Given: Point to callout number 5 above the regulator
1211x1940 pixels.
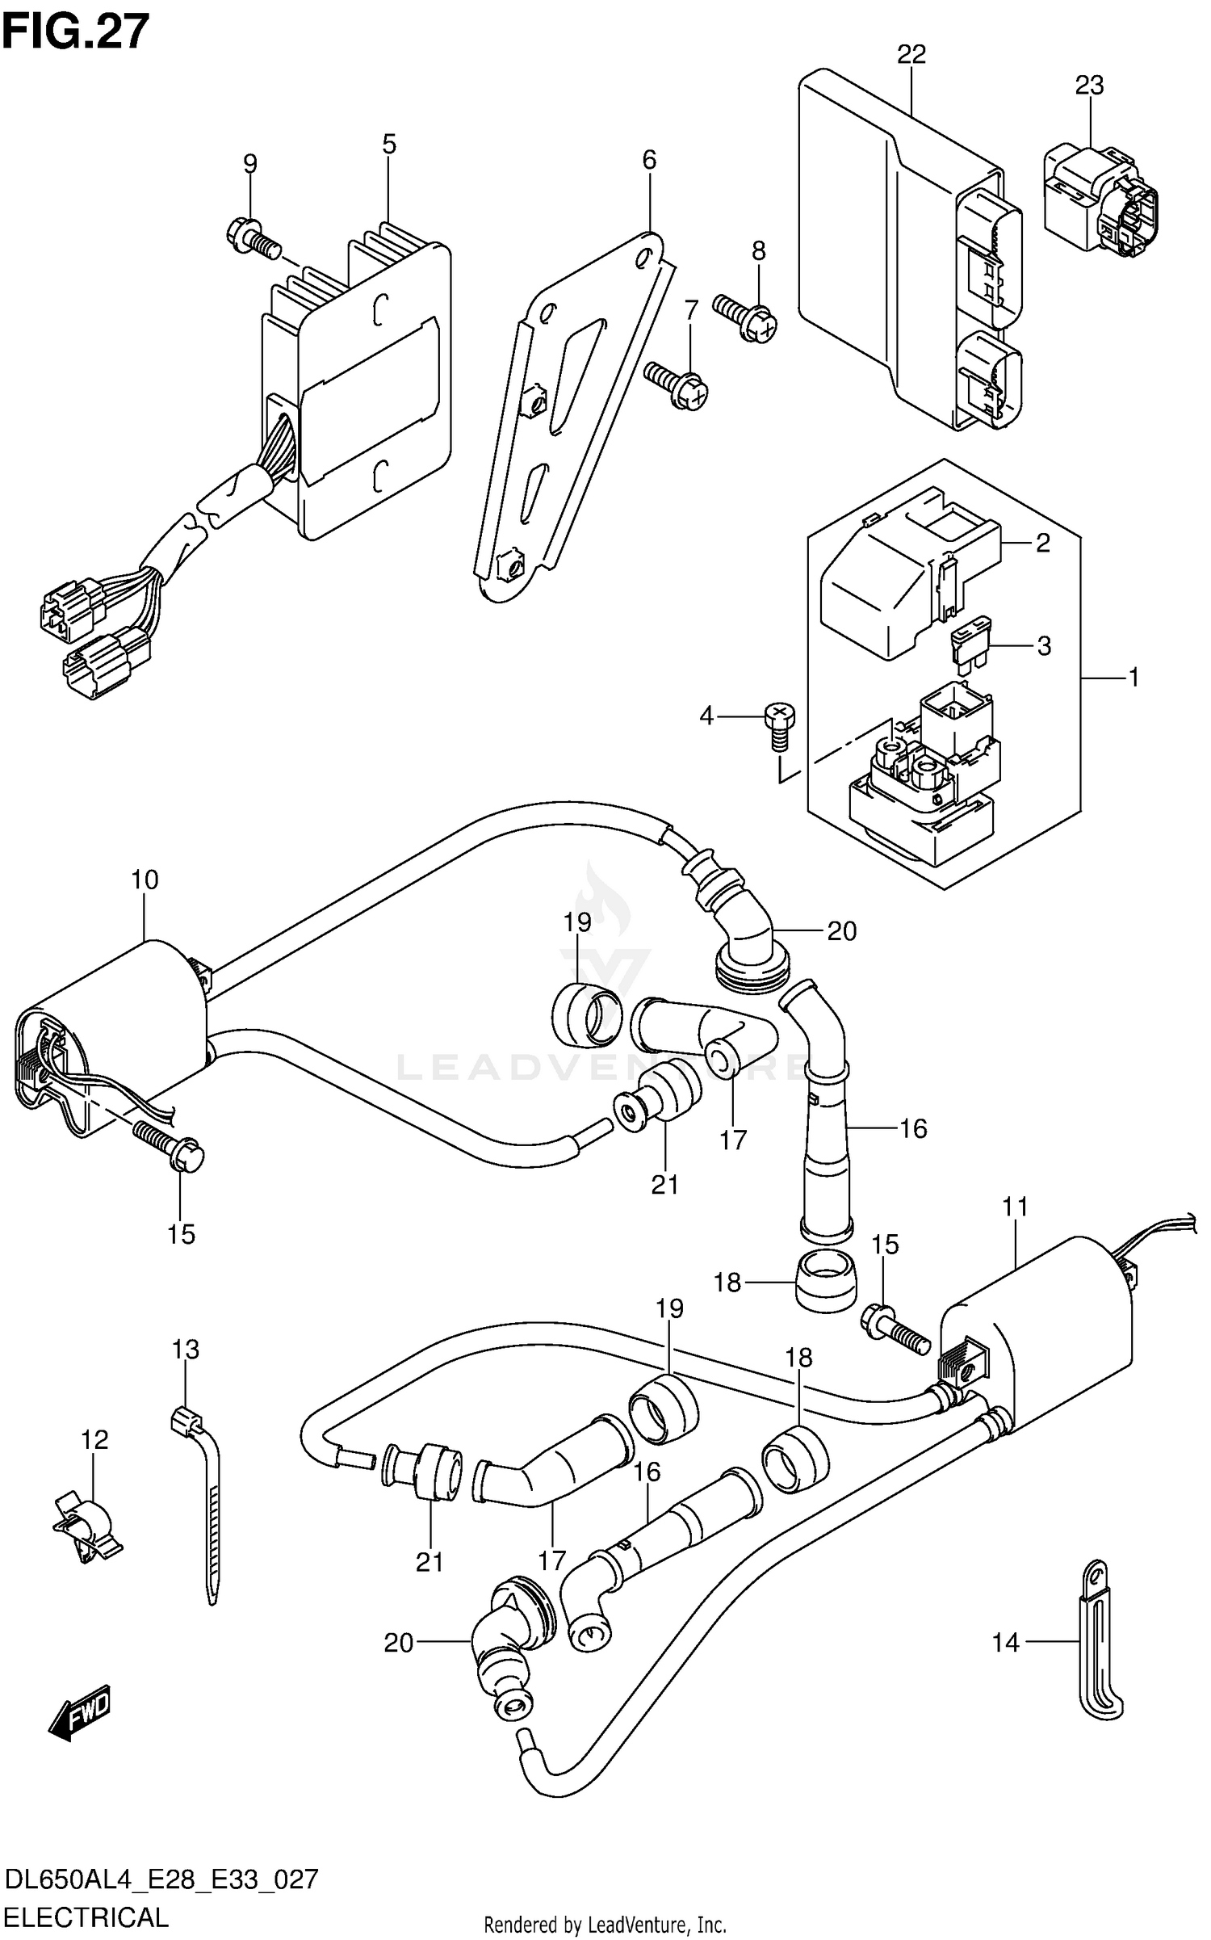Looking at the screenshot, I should click(x=389, y=145).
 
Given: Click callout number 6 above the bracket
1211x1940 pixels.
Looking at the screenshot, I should click(x=649, y=160).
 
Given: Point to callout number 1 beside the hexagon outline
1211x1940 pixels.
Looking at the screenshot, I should click(x=1133, y=677).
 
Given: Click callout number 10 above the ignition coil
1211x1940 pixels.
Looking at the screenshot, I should click(x=145, y=880).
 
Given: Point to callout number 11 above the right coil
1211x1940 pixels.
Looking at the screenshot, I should click(x=1015, y=1206).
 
